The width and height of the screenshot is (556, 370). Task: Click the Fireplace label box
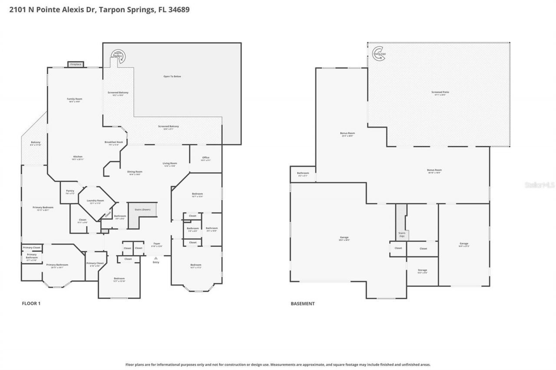click(x=76, y=65)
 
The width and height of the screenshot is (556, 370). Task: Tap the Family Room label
click(x=74, y=99)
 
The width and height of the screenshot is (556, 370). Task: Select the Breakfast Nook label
click(x=113, y=143)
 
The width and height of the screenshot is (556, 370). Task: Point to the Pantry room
click(x=70, y=191)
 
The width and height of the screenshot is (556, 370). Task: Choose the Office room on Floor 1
click(x=206, y=158)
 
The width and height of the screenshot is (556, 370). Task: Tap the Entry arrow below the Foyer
click(x=156, y=259)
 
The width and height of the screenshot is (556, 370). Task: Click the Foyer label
click(x=156, y=244)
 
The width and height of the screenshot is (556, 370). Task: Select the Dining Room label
click(x=135, y=172)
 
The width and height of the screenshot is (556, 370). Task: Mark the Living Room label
click(x=170, y=164)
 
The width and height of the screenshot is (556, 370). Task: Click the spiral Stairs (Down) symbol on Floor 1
click(x=119, y=55)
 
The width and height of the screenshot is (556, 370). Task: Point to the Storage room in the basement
click(x=422, y=271)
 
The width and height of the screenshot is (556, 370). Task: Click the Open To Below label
click(x=172, y=77)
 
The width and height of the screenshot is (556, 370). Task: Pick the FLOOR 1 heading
click(x=31, y=304)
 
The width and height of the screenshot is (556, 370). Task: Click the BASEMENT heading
click(x=302, y=304)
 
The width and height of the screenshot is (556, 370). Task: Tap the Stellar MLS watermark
click(x=539, y=185)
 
